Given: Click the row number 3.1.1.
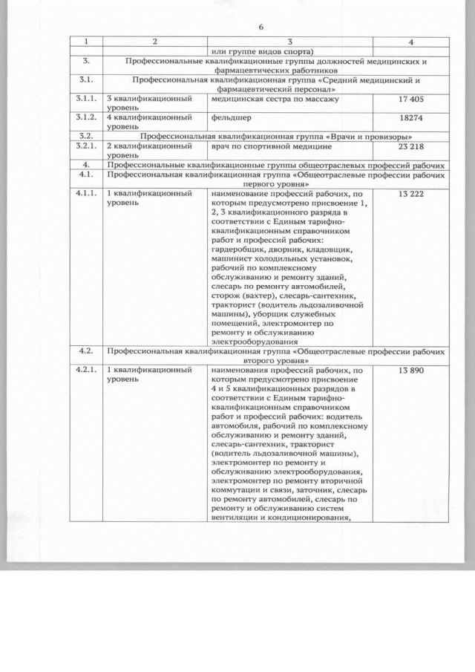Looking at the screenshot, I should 86,99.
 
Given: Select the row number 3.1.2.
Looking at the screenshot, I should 86,118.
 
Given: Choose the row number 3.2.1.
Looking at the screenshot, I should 86,147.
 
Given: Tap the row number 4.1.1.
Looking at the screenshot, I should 86,194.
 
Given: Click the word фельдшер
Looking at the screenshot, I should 231,118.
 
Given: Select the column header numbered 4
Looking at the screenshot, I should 410,40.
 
